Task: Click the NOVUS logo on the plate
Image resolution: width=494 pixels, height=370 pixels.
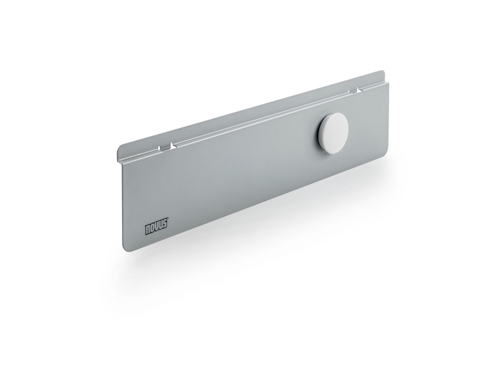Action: coord(157,226)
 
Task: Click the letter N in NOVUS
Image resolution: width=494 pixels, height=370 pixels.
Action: coord(148,229)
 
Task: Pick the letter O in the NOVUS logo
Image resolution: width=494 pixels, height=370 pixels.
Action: coord(153,228)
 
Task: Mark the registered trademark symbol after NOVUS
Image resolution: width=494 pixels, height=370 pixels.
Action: coord(167,218)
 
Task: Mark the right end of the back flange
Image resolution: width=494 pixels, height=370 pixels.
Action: coord(383,75)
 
